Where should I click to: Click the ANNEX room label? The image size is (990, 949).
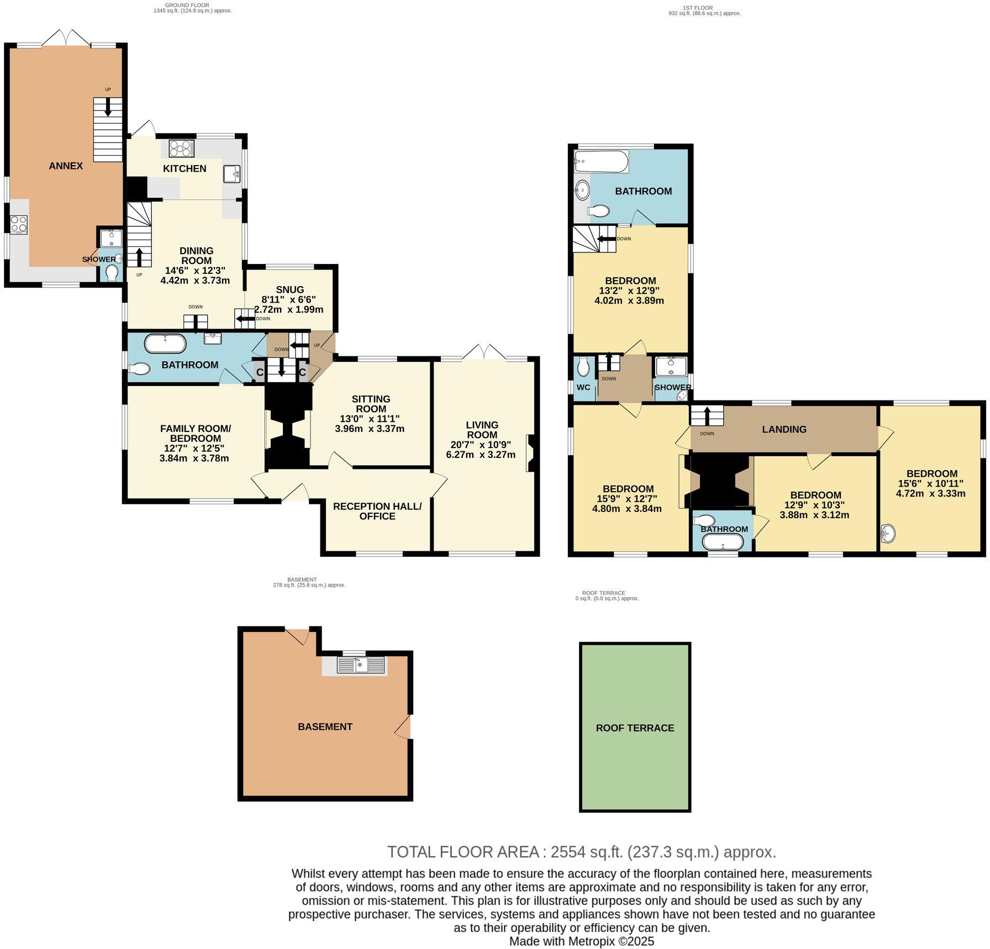66,166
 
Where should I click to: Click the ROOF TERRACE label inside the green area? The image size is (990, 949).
635,728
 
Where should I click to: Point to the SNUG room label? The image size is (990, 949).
290,289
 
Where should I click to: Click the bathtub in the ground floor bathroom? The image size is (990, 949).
165,344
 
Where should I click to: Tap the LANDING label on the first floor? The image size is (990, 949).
784,429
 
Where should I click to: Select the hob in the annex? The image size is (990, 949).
19,224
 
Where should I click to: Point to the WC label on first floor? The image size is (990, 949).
583,387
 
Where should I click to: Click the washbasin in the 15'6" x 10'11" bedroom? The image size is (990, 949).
887,534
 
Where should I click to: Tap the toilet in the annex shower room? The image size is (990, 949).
112,272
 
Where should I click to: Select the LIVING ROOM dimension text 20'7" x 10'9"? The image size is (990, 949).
482,445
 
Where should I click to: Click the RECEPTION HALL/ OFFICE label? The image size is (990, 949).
377,511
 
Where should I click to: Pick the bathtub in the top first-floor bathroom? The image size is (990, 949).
601,162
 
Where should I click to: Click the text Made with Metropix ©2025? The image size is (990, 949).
581,941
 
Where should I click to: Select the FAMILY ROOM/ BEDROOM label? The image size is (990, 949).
195,433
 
